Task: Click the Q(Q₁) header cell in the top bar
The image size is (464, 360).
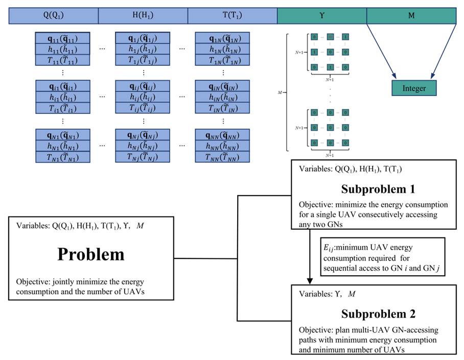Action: click(53, 16)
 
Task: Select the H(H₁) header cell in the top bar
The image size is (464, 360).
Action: click(143, 16)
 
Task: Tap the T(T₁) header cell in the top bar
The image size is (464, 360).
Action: click(233, 16)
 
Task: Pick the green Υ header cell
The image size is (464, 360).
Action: click(322, 16)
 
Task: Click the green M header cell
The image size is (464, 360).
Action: click(411, 16)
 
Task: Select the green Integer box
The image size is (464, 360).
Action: click(414, 88)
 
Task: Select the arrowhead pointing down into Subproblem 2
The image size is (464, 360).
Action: click(310, 280)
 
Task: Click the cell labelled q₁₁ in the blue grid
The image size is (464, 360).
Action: click(63, 38)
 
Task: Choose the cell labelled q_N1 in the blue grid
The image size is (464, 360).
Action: click(63, 135)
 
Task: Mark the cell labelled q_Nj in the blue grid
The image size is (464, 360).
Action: click(143, 135)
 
